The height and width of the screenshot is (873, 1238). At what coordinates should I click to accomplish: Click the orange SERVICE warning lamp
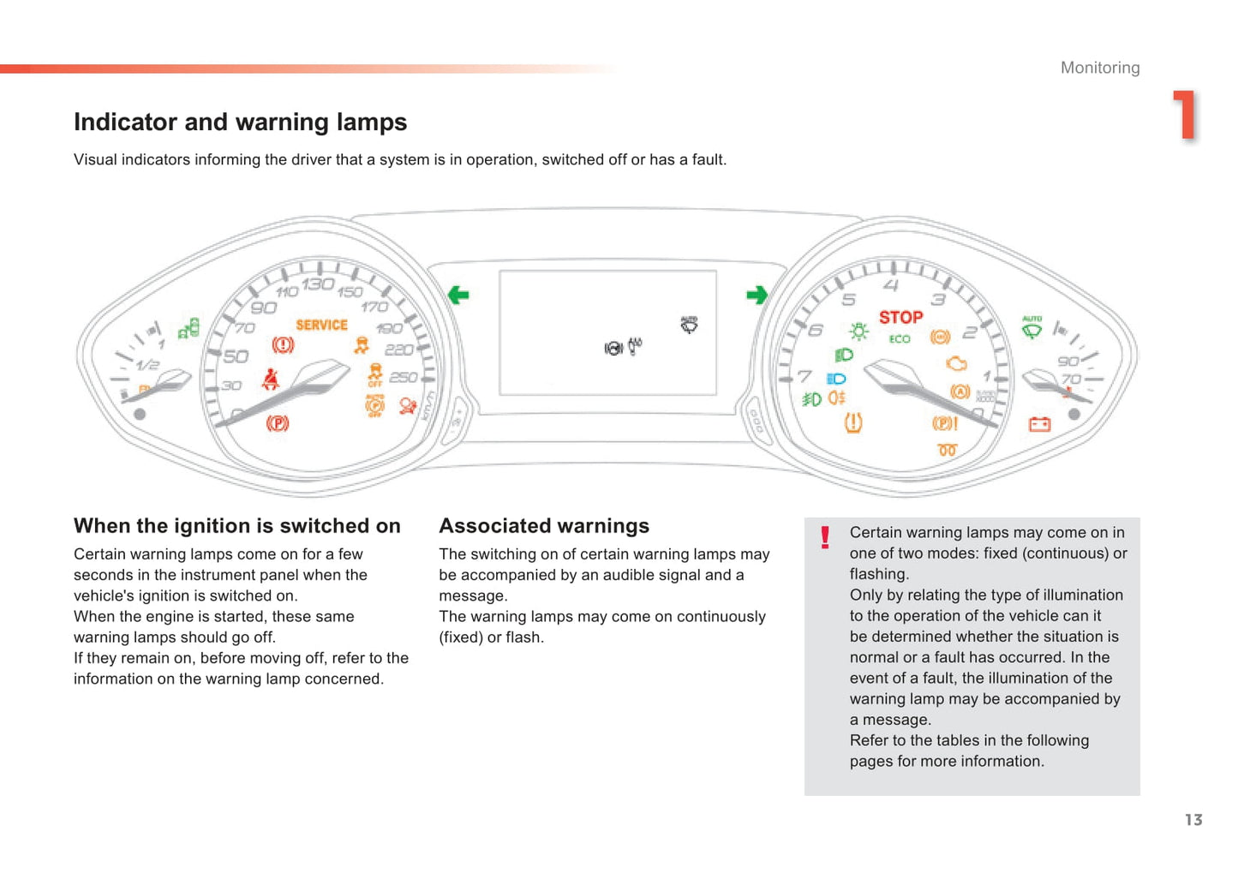[321, 325]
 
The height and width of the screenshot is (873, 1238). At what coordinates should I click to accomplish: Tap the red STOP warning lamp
[900, 317]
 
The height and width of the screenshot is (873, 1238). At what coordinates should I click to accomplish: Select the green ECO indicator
[900, 339]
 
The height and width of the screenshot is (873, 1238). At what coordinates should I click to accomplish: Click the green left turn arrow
[458, 296]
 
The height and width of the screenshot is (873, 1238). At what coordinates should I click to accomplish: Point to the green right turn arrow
[757, 296]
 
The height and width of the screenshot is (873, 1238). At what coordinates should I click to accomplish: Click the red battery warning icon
[1039, 424]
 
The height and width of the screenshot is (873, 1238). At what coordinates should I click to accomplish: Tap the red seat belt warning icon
[271, 379]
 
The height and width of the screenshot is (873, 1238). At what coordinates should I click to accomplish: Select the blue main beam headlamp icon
[836, 379]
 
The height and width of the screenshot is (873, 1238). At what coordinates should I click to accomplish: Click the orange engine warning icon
[956, 363]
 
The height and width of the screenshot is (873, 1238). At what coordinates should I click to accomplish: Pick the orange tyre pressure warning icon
[853, 422]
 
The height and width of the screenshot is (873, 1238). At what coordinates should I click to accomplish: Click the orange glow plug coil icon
[947, 450]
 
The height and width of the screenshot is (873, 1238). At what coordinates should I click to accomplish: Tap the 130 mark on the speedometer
[317, 284]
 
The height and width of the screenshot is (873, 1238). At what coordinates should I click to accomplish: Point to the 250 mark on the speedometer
[404, 377]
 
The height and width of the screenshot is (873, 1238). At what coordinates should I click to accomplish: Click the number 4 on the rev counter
[891, 285]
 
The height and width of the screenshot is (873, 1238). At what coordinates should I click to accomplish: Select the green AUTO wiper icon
[1032, 326]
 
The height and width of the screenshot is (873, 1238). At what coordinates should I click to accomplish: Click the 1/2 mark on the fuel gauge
[147, 364]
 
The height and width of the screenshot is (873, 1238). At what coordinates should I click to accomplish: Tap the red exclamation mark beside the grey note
[825, 537]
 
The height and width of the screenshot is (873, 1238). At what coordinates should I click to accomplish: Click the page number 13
[1193, 820]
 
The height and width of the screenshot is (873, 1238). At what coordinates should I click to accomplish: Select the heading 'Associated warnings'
[544, 526]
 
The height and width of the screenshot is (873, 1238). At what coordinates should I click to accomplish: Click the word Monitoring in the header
[1100, 68]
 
